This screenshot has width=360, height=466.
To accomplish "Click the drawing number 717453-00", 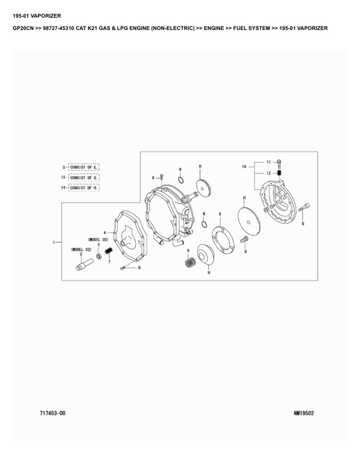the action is (x=52, y=413).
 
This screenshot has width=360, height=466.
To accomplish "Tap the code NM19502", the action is (x=304, y=413).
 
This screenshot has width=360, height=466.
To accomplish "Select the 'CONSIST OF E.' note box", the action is (x=84, y=167).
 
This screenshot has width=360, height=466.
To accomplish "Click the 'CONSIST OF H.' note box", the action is (x=84, y=188).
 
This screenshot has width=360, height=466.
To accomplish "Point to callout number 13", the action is (x=63, y=178).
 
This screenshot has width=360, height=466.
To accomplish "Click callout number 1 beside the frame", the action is (x=54, y=242).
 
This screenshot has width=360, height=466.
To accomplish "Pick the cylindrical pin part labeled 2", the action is (x=85, y=265).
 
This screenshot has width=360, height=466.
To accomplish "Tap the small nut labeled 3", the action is (x=99, y=256).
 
